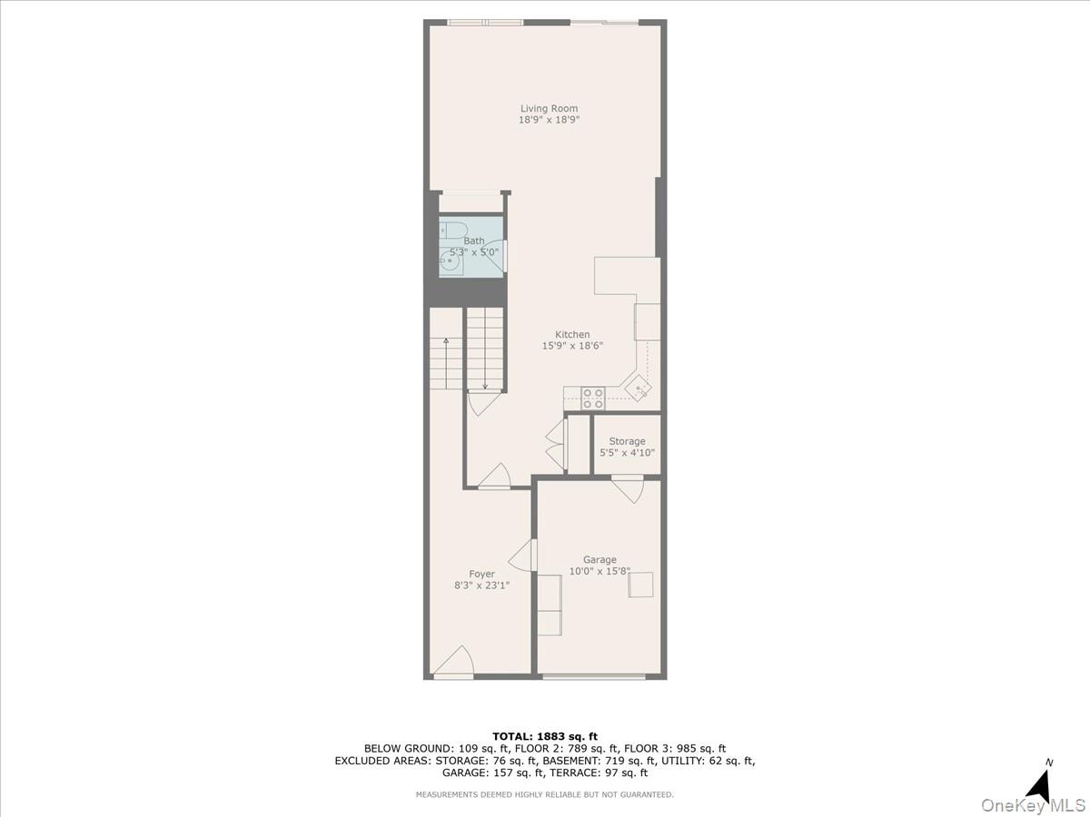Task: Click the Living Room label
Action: click(x=549, y=109)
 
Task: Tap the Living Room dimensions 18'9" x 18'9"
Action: click(x=549, y=120)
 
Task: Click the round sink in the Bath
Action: click(x=451, y=264)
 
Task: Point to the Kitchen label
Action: click(x=572, y=335)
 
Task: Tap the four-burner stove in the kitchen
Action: click(x=593, y=398)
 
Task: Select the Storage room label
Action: click(x=627, y=442)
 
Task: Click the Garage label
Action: click(x=599, y=560)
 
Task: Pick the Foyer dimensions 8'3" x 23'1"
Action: click(x=481, y=586)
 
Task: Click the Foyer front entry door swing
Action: click(x=454, y=663)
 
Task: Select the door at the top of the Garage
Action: click(x=627, y=488)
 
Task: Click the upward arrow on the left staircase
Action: click(x=446, y=342)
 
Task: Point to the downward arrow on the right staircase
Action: click(x=485, y=385)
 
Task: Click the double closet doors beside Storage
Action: click(x=555, y=444)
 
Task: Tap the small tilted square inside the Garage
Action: click(x=641, y=585)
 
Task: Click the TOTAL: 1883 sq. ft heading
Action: click(x=544, y=736)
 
